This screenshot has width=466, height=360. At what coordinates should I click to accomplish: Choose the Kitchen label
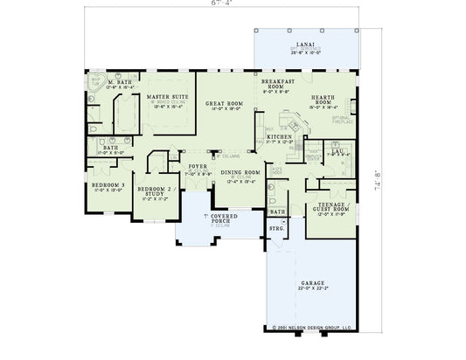click(278, 137)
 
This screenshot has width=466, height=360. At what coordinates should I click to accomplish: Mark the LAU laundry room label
click(336, 151)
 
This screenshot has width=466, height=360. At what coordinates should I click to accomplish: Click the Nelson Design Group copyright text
click(310, 330)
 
